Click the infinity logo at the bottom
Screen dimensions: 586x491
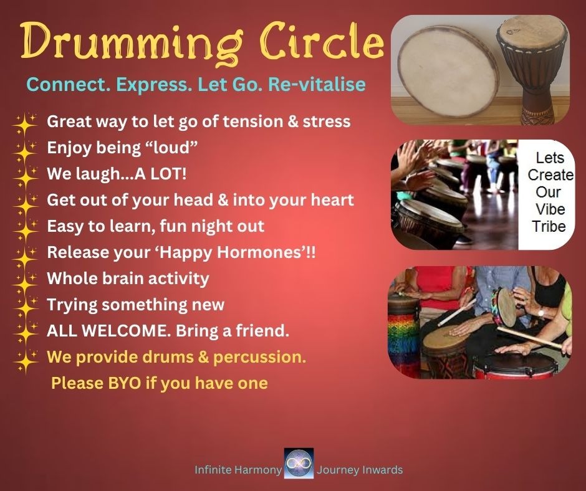click(x=299, y=464)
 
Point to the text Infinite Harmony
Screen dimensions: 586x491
click(x=238, y=470)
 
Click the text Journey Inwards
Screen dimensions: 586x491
click(x=360, y=470)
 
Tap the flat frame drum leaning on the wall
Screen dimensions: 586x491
click(x=448, y=71)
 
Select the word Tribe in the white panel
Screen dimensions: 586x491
click(x=549, y=226)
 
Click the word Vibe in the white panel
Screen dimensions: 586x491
click(x=549, y=209)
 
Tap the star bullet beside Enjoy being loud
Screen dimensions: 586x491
click(x=25, y=150)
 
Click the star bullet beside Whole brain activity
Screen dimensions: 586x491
click(x=25, y=280)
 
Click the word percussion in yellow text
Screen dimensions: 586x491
click(x=260, y=358)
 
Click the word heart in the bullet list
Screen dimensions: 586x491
click(x=332, y=200)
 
